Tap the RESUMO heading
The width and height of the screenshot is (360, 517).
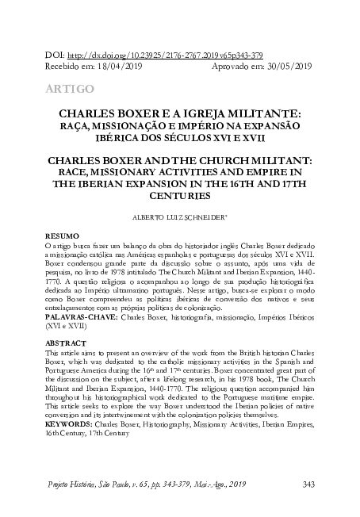click(60, 236)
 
